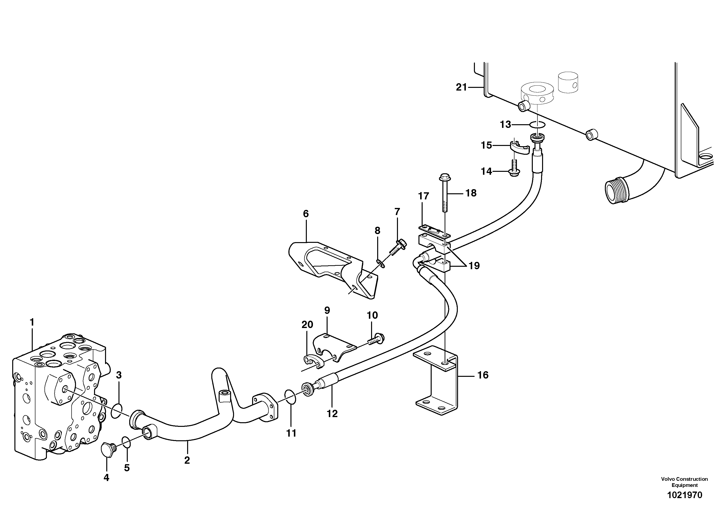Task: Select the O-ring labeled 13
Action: point(537,125)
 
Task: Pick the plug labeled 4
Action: point(107,450)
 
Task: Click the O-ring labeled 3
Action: point(117,410)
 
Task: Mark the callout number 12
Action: point(332,413)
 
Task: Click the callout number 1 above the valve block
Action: point(32,322)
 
